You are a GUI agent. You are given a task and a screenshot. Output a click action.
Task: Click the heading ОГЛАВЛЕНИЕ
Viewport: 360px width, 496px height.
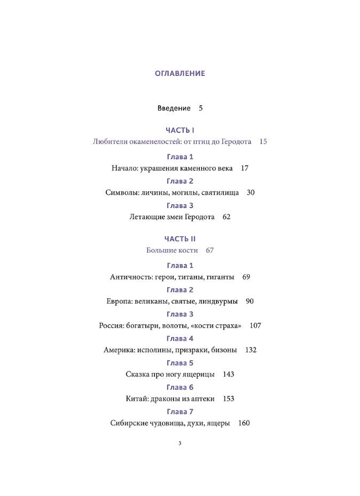coord(180,74)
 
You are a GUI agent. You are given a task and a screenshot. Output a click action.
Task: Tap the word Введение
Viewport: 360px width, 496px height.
coord(174,108)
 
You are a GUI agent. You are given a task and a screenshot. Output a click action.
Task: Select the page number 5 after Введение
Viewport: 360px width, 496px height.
coord(201,108)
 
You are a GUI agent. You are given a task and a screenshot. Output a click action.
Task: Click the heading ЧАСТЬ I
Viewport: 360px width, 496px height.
coord(180,130)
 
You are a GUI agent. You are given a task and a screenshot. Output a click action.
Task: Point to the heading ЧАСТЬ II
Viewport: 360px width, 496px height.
coord(180,239)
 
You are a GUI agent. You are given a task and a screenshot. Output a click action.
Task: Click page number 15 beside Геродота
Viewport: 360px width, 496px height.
coord(263,142)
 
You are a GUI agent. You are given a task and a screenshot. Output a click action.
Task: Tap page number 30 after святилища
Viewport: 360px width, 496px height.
coord(251,193)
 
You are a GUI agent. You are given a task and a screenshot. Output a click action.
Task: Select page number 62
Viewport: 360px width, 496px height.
coord(226,218)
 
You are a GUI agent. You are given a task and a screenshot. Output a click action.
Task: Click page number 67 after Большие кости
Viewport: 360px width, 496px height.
coord(209,251)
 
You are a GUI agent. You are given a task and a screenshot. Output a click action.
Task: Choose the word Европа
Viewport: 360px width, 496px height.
coord(119,301)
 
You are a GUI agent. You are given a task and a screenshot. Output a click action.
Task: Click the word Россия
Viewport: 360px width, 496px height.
coord(112,326)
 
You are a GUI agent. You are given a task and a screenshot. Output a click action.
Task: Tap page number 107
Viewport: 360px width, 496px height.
coord(255,326)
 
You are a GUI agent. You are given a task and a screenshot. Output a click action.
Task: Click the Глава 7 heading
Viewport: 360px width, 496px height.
coord(180,412)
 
